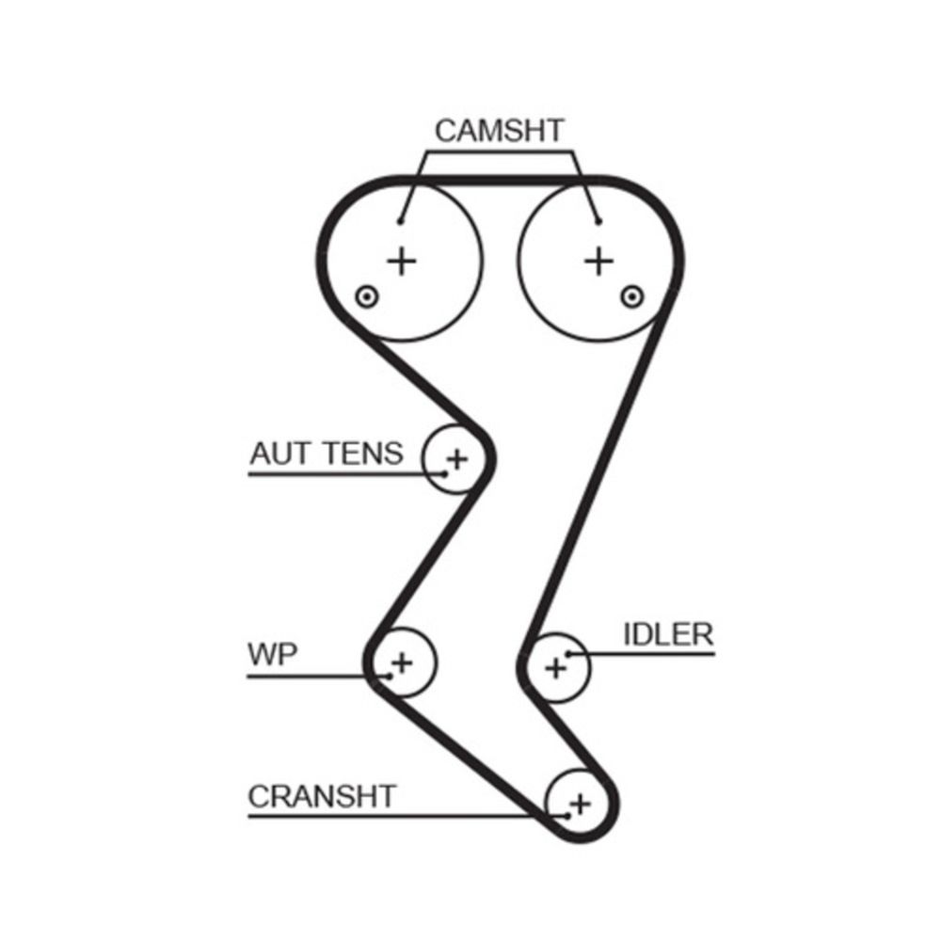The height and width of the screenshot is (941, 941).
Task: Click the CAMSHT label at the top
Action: point(499,131)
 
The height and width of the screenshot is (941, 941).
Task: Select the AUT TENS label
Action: point(326,454)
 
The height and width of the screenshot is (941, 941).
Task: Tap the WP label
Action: point(273,654)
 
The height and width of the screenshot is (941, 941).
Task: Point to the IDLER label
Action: point(668,634)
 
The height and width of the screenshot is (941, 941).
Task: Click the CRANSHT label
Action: point(322,796)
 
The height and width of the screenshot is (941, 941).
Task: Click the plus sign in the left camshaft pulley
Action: point(402,261)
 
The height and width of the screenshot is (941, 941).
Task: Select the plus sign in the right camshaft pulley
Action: point(598,261)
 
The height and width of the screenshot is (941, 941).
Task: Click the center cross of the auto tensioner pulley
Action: point(456,459)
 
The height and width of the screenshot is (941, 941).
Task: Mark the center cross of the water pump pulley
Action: point(402,662)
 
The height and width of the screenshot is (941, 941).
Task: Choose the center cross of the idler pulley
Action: point(555,668)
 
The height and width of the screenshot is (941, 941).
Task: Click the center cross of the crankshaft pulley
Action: point(581,804)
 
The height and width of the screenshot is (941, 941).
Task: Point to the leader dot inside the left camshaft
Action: point(400,222)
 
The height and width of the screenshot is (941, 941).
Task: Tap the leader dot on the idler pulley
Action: point(568,653)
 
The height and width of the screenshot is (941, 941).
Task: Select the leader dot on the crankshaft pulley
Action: point(567,816)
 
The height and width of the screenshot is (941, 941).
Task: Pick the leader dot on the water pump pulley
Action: point(387,675)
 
